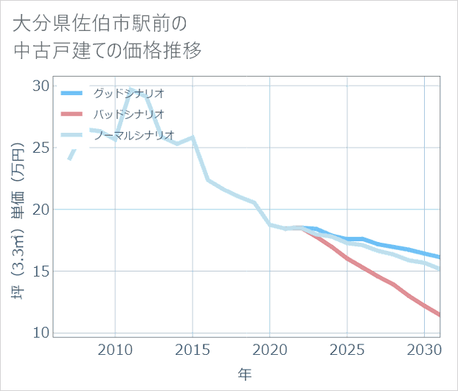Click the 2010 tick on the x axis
point(115,349)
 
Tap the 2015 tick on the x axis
point(192,349)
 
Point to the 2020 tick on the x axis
point(270,349)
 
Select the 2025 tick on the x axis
point(347,349)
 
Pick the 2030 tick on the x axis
point(424,349)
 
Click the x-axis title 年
point(245,375)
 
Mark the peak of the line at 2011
point(131,89)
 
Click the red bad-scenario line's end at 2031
point(440,315)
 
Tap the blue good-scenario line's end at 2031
point(440,257)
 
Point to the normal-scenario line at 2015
point(192,137)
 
